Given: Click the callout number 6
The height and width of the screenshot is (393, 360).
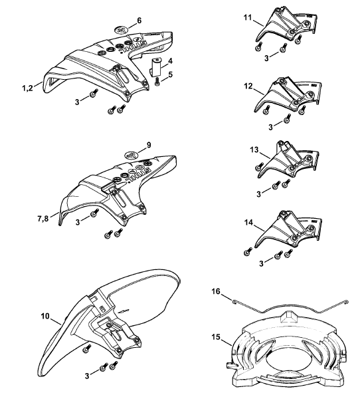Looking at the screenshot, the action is [x=139, y=21].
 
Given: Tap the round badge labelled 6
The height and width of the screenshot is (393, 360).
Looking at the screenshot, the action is [x=122, y=30].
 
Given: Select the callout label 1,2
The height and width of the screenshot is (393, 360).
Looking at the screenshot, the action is [x=27, y=88].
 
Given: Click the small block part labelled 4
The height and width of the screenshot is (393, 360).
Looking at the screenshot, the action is [x=156, y=66].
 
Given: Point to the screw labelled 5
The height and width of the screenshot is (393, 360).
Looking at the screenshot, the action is [x=157, y=82].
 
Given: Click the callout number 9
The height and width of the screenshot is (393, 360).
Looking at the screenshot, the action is [x=149, y=145].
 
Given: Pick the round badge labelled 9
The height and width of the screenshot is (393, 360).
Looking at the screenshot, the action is [x=132, y=156].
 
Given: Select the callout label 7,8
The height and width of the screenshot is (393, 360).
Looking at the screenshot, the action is [x=43, y=219].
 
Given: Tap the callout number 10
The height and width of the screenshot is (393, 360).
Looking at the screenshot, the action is [x=45, y=317].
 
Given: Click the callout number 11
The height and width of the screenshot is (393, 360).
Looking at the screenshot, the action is [x=248, y=18].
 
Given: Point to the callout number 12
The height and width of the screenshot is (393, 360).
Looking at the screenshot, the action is [x=248, y=86].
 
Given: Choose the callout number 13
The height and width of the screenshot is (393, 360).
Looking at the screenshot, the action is [x=254, y=150].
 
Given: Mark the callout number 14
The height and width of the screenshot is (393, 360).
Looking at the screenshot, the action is [x=248, y=222].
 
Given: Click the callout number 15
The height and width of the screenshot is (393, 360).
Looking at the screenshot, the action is [x=216, y=337].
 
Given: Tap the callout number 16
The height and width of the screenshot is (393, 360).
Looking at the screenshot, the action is [x=216, y=291].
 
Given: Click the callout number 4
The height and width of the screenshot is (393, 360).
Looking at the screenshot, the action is [x=170, y=61].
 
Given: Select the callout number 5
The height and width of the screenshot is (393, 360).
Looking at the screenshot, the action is [x=171, y=74].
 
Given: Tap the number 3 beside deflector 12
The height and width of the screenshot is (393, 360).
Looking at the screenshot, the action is [x=270, y=127].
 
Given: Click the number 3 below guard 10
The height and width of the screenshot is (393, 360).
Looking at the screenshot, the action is [x=87, y=376].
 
